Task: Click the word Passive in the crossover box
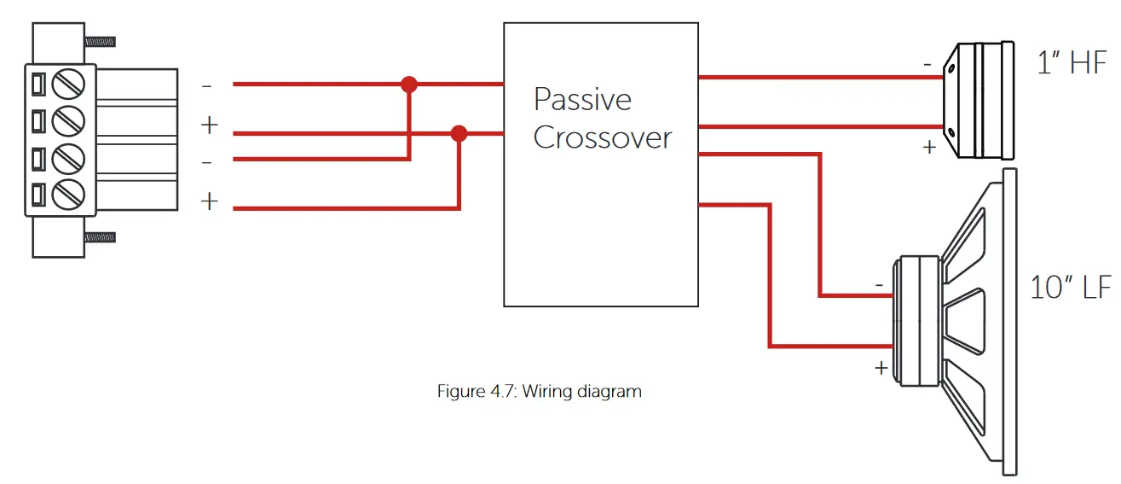tap(582, 101)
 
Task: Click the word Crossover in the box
tap(602, 138)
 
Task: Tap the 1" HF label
tap(1072, 64)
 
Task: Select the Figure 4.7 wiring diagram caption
tap(539, 392)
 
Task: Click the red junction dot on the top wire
tap(409, 85)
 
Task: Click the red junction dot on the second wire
tap(459, 133)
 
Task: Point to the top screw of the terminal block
tap(67, 85)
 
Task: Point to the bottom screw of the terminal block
tap(67, 196)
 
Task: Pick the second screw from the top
tap(67, 123)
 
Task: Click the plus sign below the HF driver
tap(929, 147)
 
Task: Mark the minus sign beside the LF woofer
tap(879, 283)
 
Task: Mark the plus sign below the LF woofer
tap(880, 368)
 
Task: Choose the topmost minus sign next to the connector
tap(207, 86)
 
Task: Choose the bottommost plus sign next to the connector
tap(209, 202)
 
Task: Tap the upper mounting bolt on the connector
tap(100, 40)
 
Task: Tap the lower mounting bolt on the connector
tap(100, 236)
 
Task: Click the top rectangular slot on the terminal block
tap(38, 85)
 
